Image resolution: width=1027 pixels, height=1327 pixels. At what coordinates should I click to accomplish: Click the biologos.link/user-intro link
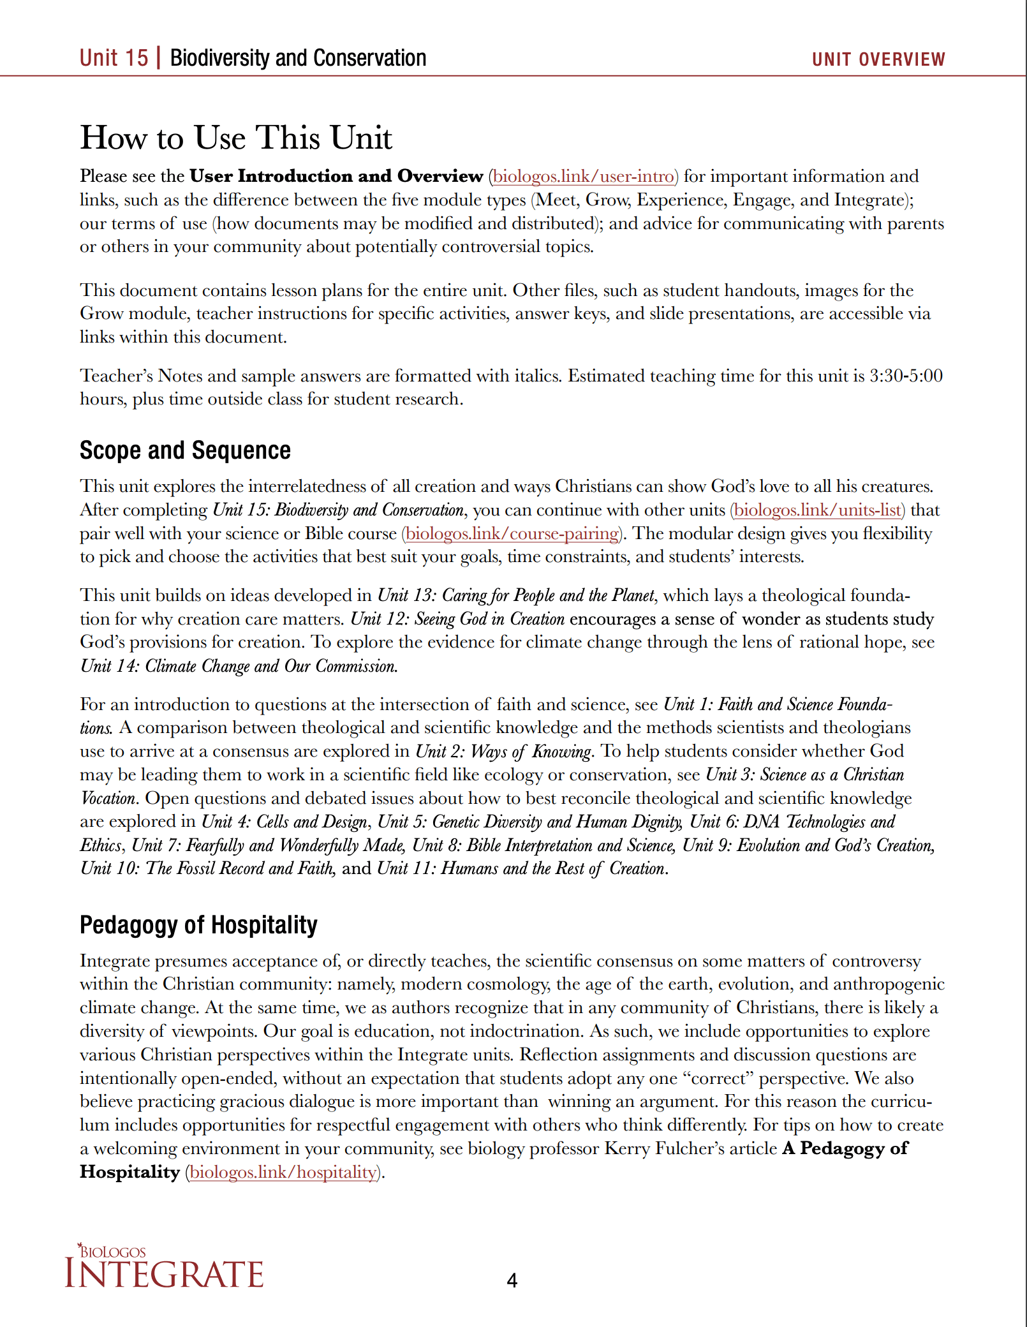(x=583, y=177)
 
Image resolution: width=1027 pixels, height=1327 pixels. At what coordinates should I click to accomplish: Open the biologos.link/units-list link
(x=817, y=510)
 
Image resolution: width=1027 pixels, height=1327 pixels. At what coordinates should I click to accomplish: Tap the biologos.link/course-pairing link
(x=512, y=534)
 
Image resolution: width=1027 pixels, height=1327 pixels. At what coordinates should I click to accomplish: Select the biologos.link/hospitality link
(x=283, y=1173)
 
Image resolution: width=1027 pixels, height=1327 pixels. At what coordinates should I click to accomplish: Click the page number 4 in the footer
(x=512, y=1280)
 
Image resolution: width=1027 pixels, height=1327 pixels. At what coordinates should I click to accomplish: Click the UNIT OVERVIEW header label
(x=878, y=59)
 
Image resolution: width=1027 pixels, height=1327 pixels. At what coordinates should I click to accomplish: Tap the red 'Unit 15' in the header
(x=114, y=58)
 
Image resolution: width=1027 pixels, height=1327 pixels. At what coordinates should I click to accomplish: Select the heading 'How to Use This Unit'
(x=236, y=138)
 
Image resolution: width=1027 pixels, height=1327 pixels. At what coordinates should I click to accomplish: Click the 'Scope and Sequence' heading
(x=185, y=450)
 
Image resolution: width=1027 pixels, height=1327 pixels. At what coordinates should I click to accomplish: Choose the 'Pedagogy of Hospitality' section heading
(x=198, y=925)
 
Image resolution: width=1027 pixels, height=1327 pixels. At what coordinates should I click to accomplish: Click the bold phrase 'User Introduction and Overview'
(x=336, y=177)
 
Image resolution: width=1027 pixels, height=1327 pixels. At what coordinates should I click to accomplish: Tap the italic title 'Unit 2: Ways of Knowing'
(x=504, y=752)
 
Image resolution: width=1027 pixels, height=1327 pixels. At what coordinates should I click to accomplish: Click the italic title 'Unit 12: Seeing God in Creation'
(x=457, y=619)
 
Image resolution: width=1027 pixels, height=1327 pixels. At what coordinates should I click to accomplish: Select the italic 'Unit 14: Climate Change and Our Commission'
(x=239, y=666)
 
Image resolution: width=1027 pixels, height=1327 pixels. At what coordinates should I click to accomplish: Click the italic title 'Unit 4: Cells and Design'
(x=284, y=822)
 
